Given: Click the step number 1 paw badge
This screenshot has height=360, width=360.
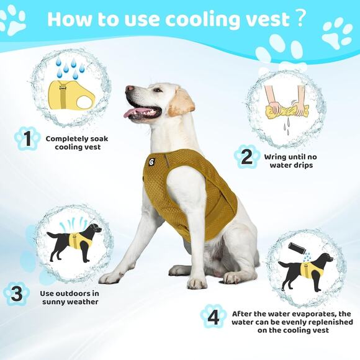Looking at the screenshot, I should pos(26,138).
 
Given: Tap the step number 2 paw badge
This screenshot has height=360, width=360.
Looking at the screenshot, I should pos(247,157).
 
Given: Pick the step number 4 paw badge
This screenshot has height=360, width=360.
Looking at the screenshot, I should pos(214,317).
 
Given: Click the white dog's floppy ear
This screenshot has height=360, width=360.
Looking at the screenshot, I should pos(182,101).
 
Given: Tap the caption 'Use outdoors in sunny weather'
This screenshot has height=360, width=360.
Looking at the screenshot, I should pos(70,297).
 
